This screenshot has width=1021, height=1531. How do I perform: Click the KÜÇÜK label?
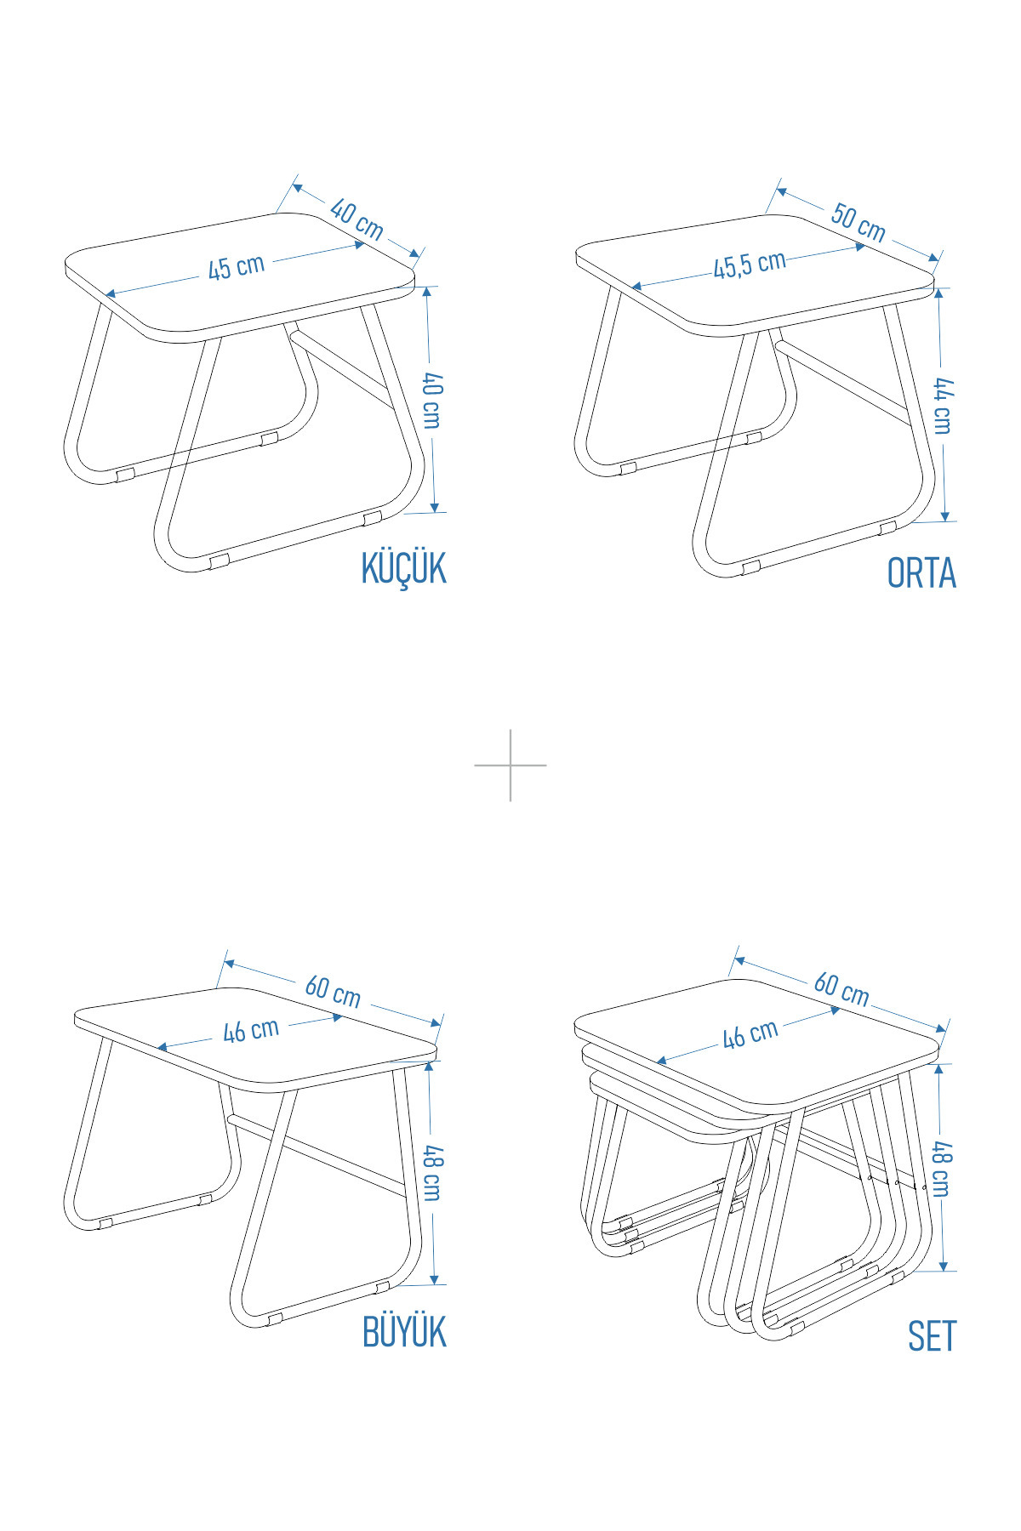[403, 568]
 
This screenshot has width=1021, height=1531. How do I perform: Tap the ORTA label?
[921, 573]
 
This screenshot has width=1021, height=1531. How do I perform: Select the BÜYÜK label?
[404, 1331]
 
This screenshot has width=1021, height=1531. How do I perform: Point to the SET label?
[932, 1336]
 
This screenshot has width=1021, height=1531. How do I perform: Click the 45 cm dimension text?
[237, 267]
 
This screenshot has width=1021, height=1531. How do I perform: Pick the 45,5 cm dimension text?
[750, 265]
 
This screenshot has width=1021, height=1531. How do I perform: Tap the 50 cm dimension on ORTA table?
[858, 223]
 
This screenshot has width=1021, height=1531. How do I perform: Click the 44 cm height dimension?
[943, 407]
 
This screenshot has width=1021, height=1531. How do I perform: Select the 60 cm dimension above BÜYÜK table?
[333, 991]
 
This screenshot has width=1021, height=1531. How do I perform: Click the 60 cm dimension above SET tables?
[841, 989]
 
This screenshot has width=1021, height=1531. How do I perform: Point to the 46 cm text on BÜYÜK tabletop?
[251, 1030]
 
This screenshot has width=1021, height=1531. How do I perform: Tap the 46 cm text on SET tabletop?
[750, 1033]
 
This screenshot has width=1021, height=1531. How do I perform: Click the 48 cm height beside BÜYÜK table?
[432, 1174]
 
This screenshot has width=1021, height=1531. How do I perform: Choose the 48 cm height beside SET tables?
[942, 1170]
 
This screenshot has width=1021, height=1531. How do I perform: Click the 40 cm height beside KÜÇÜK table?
[431, 400]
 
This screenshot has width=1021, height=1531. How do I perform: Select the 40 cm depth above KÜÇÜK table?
[356, 219]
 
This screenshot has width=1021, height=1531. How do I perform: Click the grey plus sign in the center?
[510, 765]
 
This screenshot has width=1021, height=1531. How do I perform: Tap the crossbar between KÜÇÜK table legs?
[343, 369]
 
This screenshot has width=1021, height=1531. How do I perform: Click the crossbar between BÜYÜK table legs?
[317, 1155]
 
